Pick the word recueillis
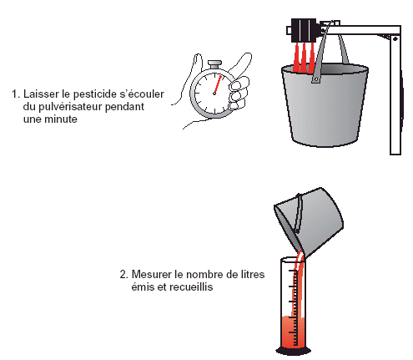tap(191, 286)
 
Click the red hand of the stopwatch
tap(218, 84)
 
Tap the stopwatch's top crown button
tap(215, 64)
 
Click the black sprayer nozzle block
tap(304, 30)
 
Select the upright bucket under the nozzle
tap(325, 104)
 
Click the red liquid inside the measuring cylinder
tap(293, 332)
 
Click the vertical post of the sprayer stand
tap(395, 94)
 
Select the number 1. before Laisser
tap(16, 94)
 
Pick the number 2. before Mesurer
tap(124, 275)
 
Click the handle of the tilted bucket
tap(299, 213)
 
